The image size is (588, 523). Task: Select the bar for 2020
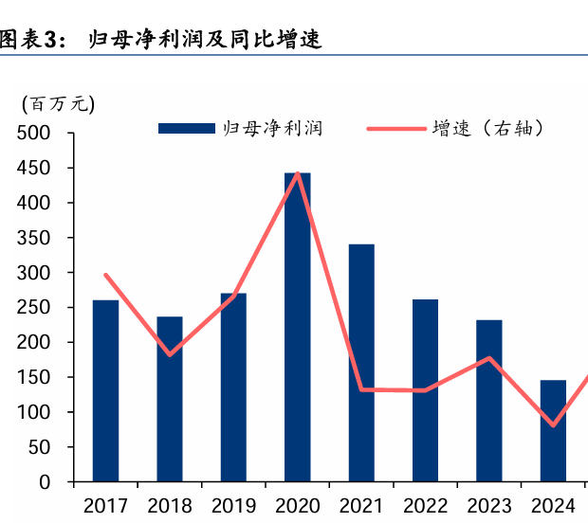(298, 327)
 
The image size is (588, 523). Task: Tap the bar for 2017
(105, 390)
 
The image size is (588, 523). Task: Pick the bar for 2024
(553, 431)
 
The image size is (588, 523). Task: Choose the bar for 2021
(361, 363)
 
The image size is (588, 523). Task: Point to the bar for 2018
(170, 399)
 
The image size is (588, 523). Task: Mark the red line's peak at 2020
(298, 174)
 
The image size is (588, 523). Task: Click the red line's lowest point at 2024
(553, 425)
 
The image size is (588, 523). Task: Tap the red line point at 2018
(170, 354)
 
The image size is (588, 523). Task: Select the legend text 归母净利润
(272, 128)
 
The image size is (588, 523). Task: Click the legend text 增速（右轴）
(487, 128)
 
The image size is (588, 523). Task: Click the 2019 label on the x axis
(233, 505)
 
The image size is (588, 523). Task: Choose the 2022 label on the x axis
(425, 505)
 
